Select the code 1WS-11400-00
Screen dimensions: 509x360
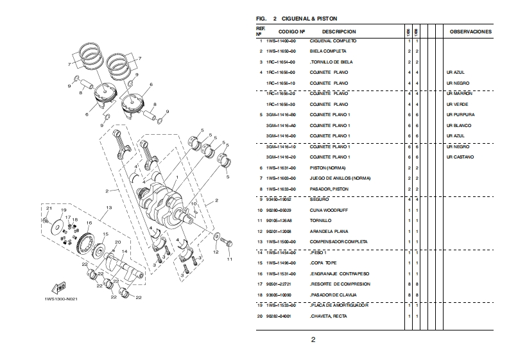point(280,41)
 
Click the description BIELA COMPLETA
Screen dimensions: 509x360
point(328,51)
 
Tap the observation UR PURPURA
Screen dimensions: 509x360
point(460,115)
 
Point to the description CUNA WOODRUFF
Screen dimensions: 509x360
point(329,210)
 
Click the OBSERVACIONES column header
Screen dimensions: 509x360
point(470,31)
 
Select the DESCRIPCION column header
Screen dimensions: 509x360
point(339,31)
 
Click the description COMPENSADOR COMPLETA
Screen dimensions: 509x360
point(338,241)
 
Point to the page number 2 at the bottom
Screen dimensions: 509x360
point(313,339)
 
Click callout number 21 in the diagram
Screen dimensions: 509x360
point(47,209)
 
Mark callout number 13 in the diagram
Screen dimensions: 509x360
point(109,207)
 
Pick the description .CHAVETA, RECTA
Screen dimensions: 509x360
point(332,316)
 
